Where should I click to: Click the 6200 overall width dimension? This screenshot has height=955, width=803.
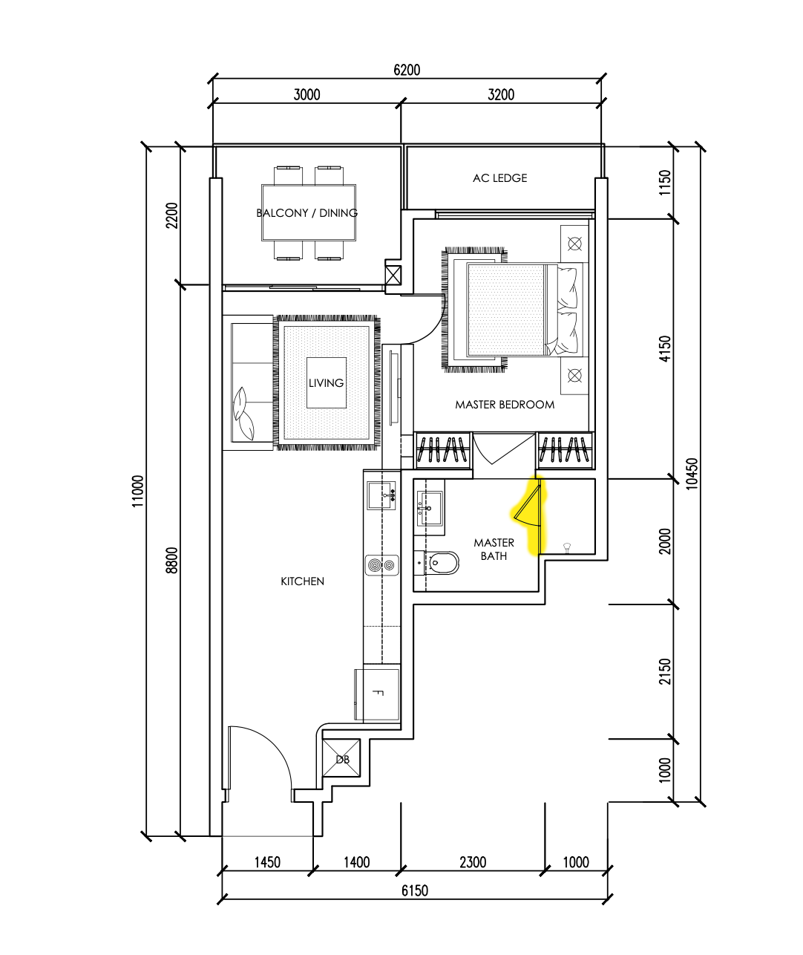406,70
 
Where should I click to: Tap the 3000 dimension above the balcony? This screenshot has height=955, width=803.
307,94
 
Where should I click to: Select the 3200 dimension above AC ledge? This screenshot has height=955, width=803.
501,94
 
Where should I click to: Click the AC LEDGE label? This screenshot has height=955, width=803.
499,178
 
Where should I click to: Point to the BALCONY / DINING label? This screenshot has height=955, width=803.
307,213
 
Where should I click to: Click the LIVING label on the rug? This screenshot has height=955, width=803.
326,383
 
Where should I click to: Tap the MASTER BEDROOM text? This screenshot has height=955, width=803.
505,405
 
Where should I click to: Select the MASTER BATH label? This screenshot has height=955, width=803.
494,550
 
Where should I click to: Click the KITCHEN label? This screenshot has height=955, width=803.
302,581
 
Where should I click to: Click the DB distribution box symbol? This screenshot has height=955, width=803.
342,759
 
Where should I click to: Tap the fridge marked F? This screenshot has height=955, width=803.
377,694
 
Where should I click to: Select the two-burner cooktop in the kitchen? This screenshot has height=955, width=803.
381,566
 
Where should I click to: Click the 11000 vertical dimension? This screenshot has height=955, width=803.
139,491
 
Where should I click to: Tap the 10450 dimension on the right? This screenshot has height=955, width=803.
692,473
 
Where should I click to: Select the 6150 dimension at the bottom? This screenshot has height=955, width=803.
414,890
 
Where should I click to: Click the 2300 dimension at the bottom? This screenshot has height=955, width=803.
473,862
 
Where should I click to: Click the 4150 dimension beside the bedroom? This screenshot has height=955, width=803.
664,349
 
